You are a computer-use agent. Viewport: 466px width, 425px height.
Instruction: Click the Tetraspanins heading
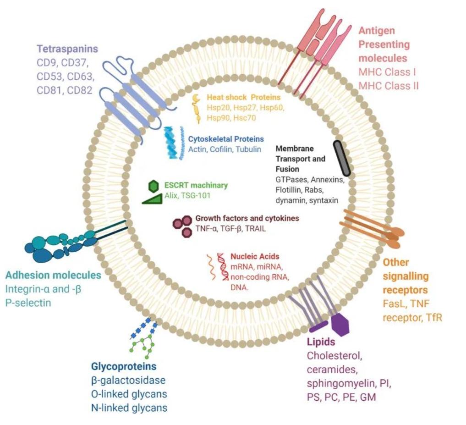click(67, 49)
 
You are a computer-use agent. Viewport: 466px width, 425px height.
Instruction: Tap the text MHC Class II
click(388, 86)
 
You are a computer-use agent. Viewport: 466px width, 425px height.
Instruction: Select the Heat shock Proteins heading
click(243, 97)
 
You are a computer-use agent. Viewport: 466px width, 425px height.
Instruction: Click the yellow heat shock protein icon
click(197, 109)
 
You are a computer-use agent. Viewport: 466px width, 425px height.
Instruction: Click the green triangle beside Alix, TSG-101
click(152, 199)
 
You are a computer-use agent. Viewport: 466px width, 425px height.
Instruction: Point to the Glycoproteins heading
click(124, 366)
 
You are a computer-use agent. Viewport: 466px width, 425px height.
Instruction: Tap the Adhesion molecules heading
click(53, 276)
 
